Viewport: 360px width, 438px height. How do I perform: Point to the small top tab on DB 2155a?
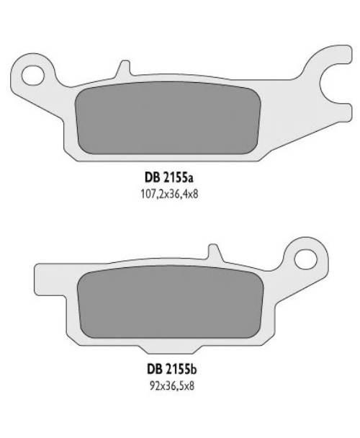tap(124, 68)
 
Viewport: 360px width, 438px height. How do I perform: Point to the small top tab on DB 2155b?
tap(214, 252)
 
